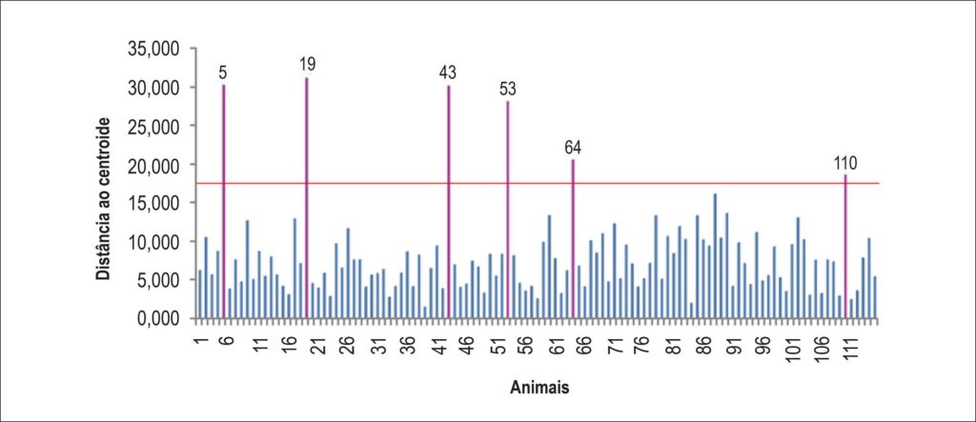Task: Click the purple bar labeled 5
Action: coord(223,201)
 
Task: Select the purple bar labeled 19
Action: coord(307,198)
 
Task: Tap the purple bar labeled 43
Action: coord(449,202)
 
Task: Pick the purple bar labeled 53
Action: coord(508,210)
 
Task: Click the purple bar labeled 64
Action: coord(573,239)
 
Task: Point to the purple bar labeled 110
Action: coord(845,247)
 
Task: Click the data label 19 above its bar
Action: coord(308,64)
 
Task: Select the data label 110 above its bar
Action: coord(846,164)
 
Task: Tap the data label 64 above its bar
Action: coord(573,149)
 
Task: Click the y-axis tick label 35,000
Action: coord(153,50)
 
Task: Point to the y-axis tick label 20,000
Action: coord(153,165)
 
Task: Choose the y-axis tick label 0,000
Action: coord(158,319)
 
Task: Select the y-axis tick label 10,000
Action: coord(153,242)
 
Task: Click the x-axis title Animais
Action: coord(539,388)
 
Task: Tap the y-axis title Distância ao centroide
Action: coord(104,198)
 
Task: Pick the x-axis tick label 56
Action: coord(526,345)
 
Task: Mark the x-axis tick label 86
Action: coord(704,345)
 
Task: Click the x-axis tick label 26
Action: coord(349,345)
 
